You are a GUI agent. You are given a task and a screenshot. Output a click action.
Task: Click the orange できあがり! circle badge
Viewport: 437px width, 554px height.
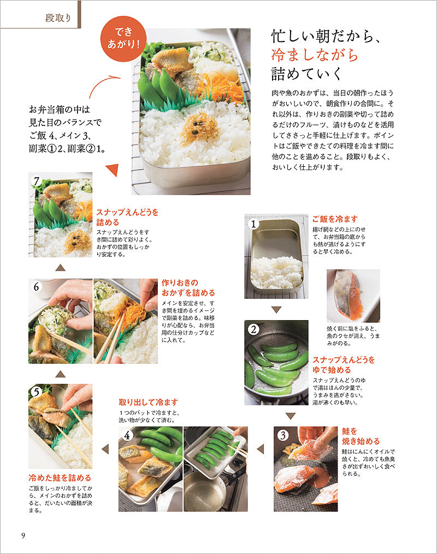(123, 39)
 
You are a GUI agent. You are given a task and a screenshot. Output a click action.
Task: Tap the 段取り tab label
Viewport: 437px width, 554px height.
(58, 17)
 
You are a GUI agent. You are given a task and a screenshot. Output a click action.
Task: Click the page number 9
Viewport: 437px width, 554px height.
(23, 535)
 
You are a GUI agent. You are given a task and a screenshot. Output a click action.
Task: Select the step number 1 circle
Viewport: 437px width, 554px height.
(253, 224)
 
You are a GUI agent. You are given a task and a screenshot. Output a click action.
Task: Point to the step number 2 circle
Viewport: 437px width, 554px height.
(253, 330)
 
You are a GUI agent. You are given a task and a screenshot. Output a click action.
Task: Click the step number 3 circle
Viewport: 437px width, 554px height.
(283, 435)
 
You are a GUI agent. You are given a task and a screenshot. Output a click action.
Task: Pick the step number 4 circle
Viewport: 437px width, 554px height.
(127, 435)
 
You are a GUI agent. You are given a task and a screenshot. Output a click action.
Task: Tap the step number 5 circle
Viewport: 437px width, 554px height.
(37, 392)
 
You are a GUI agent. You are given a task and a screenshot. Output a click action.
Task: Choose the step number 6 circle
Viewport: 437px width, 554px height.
(37, 286)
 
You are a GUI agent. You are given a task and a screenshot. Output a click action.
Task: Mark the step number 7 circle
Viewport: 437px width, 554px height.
(37, 181)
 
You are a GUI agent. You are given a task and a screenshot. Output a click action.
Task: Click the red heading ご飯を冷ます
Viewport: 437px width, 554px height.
(335, 219)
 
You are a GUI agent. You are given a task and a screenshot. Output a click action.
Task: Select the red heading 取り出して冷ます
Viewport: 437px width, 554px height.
(148, 402)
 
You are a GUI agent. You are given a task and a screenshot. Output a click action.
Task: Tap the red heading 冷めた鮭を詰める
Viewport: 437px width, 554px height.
(60, 478)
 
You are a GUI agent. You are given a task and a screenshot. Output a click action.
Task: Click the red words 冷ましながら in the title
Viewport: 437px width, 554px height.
(315, 55)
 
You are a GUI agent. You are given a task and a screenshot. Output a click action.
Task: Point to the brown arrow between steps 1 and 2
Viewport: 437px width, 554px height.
(276, 310)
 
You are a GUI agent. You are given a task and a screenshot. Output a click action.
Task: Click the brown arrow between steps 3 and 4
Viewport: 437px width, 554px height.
(261, 449)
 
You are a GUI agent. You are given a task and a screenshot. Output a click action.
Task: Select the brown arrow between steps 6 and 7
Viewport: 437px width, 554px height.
(61, 268)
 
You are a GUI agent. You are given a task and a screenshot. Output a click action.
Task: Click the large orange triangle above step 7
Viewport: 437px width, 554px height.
(113, 170)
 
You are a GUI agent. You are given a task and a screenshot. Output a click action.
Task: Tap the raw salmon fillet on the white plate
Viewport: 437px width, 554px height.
(348, 294)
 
